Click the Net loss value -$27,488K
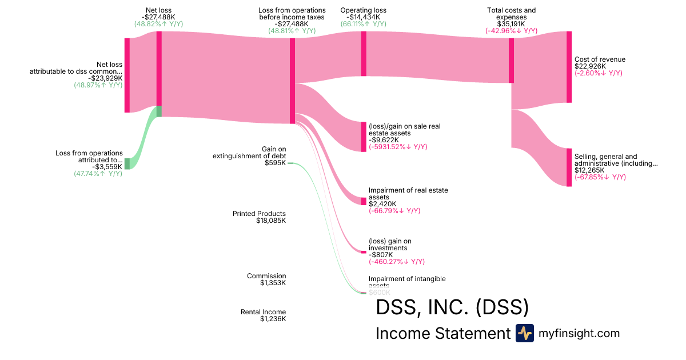[x=159, y=17]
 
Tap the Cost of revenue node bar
[x=569, y=67]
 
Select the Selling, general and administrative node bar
[x=569, y=167]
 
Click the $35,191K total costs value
[x=511, y=24]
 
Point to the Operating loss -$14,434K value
[x=363, y=17]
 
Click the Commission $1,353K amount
[x=273, y=283]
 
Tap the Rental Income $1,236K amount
[x=273, y=319]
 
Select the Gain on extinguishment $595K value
[x=275, y=163]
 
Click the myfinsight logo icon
[x=525, y=333]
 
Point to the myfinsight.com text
[x=579, y=333]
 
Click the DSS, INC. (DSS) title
[x=452, y=307]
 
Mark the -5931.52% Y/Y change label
[x=398, y=147]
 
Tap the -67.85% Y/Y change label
[x=600, y=177]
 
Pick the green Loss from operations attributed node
[x=127, y=163]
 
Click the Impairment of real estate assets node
[x=364, y=201]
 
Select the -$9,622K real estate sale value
[x=384, y=139]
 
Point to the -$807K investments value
[x=380, y=255]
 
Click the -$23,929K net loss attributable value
[x=105, y=78]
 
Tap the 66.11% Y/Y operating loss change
[x=363, y=24]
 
